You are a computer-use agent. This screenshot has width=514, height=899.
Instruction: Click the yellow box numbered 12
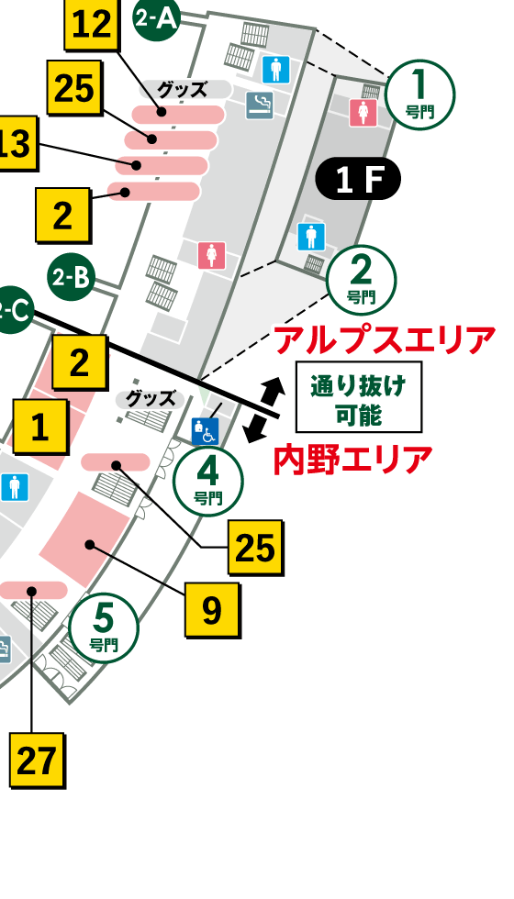coord(91,25)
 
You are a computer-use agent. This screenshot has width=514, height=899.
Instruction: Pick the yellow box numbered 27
coord(38,760)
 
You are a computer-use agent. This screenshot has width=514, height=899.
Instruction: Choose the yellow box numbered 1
coord(39,427)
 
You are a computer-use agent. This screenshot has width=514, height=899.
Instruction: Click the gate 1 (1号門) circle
coord(420,94)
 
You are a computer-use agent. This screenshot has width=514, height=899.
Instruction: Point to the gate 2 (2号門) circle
coord(362,279)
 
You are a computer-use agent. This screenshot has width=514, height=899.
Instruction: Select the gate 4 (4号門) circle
coord(208,482)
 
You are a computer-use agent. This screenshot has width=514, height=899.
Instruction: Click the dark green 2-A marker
coord(156,19)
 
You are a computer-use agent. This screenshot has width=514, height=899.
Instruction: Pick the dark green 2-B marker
coord(71,278)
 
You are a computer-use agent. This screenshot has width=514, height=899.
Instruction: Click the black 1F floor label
coord(358,180)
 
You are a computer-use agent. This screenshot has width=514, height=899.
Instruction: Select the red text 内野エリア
coord(352,459)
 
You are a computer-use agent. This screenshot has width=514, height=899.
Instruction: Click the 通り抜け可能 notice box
coord(358,396)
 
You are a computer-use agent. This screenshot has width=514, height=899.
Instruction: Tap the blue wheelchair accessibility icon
coord(204,430)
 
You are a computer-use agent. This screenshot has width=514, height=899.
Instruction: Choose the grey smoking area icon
coord(260,105)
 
